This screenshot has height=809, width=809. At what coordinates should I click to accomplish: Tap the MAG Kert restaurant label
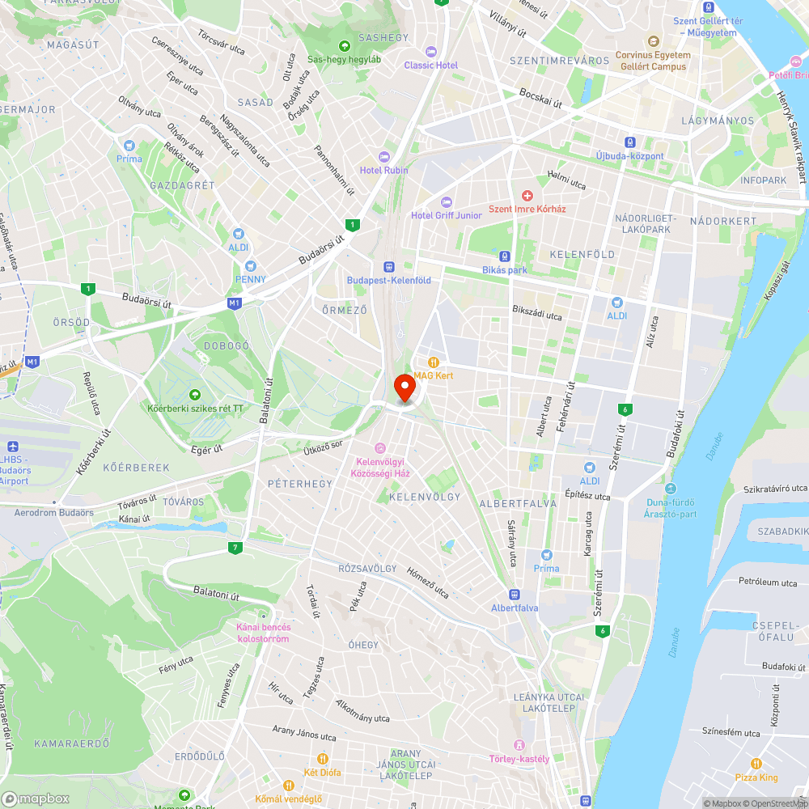click(434, 375)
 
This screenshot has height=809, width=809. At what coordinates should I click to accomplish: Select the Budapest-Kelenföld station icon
click(388, 266)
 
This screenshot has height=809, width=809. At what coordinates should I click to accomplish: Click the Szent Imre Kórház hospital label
click(527, 209)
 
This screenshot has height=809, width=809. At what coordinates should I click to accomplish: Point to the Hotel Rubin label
click(384, 170)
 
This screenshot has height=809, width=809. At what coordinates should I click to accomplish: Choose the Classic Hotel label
click(431, 65)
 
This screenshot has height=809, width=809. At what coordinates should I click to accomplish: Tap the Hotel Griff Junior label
click(446, 215)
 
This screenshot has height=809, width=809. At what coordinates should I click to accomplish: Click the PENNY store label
click(250, 279)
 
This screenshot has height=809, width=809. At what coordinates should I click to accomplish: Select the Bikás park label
click(505, 269)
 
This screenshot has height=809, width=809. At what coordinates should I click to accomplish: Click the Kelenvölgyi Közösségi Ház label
click(379, 467)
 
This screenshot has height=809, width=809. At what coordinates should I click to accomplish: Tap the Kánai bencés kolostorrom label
click(263, 633)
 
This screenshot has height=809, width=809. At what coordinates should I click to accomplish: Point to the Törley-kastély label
click(519, 758)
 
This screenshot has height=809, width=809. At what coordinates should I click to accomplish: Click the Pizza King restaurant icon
click(756, 763)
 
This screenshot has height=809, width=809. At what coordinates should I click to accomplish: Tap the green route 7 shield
click(235, 548)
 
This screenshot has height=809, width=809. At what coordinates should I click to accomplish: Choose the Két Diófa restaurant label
click(322, 772)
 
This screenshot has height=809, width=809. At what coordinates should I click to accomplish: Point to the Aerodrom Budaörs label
click(53, 513)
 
